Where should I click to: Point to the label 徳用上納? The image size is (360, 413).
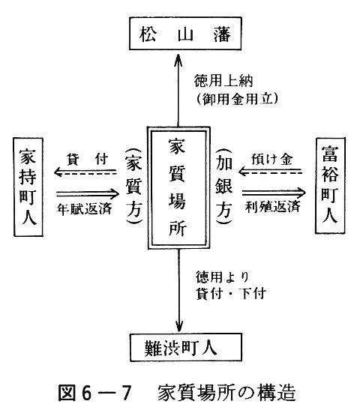click(x=223, y=81)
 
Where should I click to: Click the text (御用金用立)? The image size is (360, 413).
click(x=237, y=99)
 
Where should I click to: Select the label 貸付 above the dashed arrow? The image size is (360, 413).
click(x=87, y=159)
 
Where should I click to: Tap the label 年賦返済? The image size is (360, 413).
click(x=84, y=209)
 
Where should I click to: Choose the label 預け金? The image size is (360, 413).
click(x=272, y=159)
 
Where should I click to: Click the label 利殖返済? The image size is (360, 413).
click(x=273, y=207)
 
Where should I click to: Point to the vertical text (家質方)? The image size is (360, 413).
click(x=134, y=187)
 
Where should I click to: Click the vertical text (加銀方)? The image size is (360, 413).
click(x=223, y=186)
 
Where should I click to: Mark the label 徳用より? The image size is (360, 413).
click(x=222, y=277)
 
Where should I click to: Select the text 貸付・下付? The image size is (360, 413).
click(x=231, y=294)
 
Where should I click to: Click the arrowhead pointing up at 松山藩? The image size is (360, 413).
click(x=178, y=59)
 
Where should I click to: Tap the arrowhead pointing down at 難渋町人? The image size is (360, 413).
click(x=179, y=326)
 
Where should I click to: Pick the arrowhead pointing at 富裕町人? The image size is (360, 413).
click(x=301, y=193)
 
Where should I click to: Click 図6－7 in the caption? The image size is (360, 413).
click(x=94, y=393)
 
